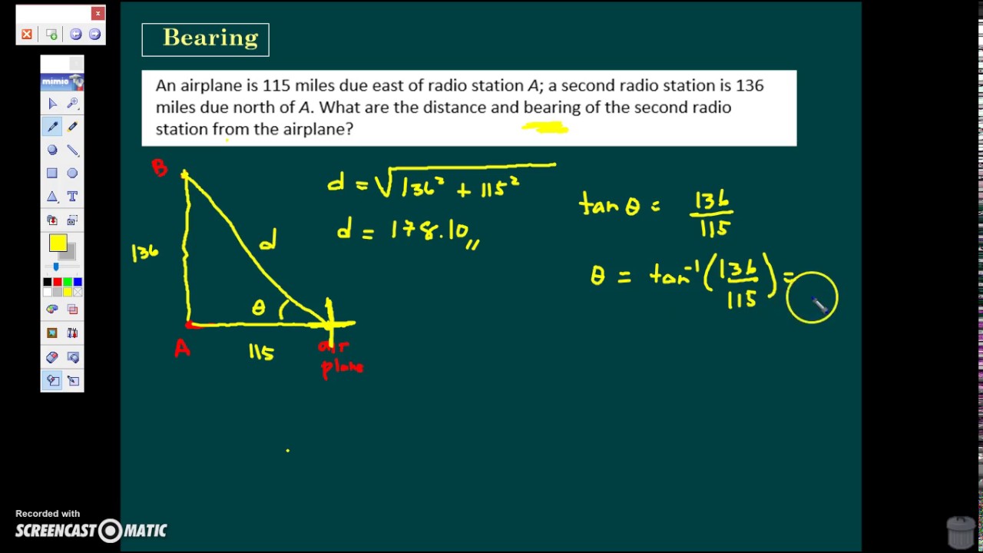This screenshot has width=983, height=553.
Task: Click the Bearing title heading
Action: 210,38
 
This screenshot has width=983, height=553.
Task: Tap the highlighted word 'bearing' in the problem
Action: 551,108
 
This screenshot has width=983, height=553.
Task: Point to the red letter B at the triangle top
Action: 160,168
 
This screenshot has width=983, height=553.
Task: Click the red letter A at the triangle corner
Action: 182,349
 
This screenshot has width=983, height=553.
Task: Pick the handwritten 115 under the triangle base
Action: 261,352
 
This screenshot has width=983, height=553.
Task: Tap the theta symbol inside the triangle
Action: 259,308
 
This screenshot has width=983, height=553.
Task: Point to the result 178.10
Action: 430,230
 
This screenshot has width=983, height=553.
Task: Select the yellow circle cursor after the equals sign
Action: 812,298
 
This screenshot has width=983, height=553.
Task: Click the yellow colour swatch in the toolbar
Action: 58,243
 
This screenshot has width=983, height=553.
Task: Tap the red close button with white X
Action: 98,13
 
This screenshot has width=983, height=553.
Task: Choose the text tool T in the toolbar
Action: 72,197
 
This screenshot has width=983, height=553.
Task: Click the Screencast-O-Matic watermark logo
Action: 91,530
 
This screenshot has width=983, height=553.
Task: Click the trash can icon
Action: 961,532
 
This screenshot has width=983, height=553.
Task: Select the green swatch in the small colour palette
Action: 68,283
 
